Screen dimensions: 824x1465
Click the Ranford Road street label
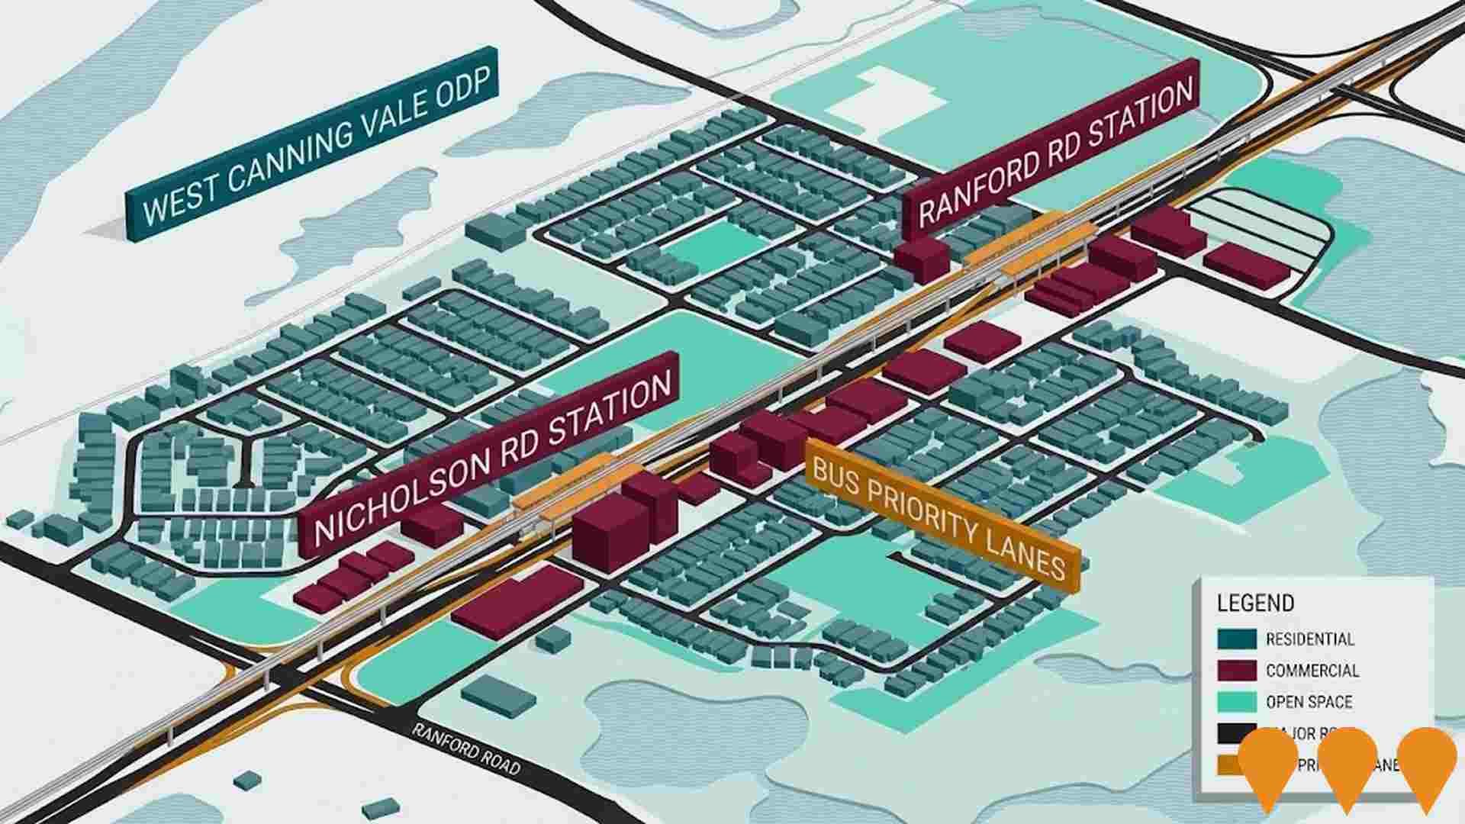click(466, 748)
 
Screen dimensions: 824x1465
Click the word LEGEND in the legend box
click(1255, 604)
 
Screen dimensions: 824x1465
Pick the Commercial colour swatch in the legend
click(1236, 671)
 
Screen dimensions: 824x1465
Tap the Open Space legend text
click(1309, 702)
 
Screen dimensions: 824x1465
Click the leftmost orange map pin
click(1267, 763)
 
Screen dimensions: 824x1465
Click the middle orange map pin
click(1347, 763)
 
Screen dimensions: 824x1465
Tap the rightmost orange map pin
click(1426, 763)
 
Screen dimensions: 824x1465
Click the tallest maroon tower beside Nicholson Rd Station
click(610, 534)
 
